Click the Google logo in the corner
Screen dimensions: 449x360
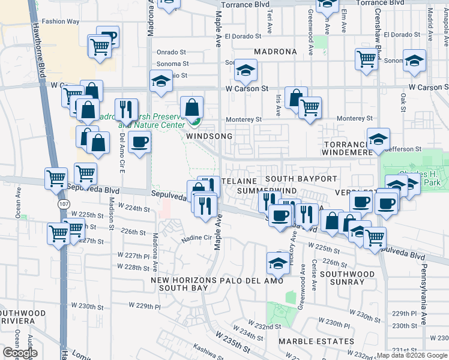coord(20,353)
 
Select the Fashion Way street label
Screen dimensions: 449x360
coord(61,22)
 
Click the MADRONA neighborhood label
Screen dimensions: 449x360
coord(275,52)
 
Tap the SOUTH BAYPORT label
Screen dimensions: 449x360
coord(301,179)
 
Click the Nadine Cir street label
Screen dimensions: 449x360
coord(197,238)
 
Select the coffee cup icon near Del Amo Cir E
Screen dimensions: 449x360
coord(140,142)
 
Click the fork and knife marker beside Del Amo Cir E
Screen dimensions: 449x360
coord(125,109)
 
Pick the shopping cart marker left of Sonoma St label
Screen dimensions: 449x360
coord(366,59)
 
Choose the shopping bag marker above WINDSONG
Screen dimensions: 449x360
coord(191,108)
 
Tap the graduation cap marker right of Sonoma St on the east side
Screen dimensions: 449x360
coord(414,61)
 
